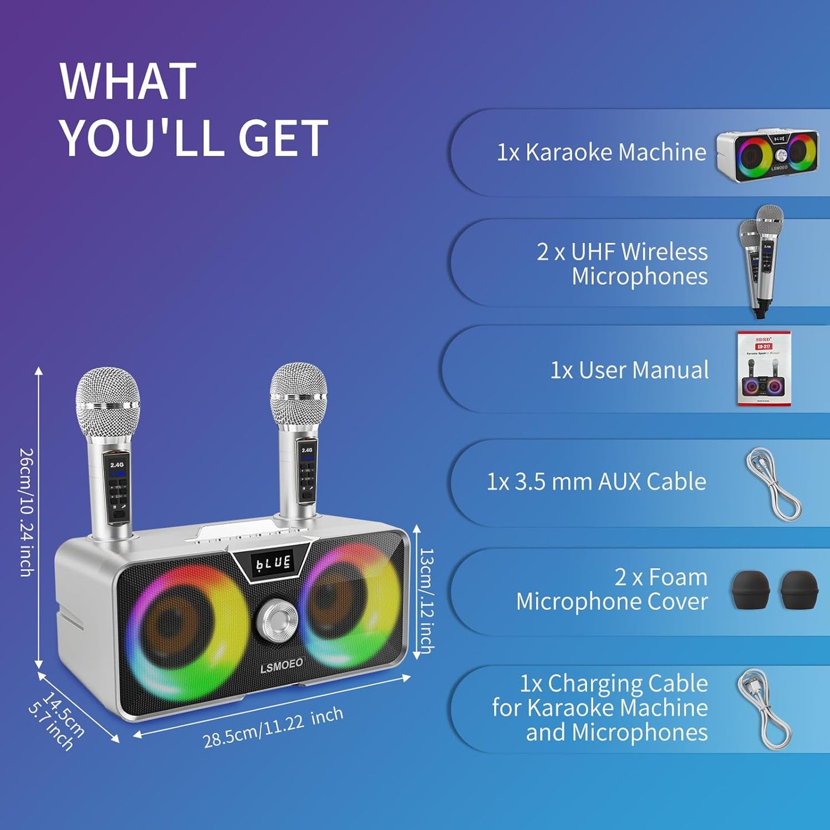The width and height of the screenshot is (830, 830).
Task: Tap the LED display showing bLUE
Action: (x=274, y=562)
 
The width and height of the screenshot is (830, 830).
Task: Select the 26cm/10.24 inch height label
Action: (x=26, y=512)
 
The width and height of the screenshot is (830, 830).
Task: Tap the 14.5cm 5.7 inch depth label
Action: (x=56, y=721)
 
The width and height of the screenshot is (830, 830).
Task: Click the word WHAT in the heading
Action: (x=128, y=82)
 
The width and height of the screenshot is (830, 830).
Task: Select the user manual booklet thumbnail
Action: (x=763, y=369)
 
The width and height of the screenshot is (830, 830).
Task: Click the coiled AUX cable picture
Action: (x=773, y=484)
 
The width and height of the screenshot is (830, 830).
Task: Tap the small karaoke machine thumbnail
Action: (x=767, y=155)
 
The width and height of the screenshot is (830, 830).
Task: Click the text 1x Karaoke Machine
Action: (x=601, y=152)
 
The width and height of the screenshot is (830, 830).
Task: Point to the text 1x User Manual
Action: (x=630, y=370)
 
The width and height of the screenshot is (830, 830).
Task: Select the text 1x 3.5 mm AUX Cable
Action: (x=596, y=482)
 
